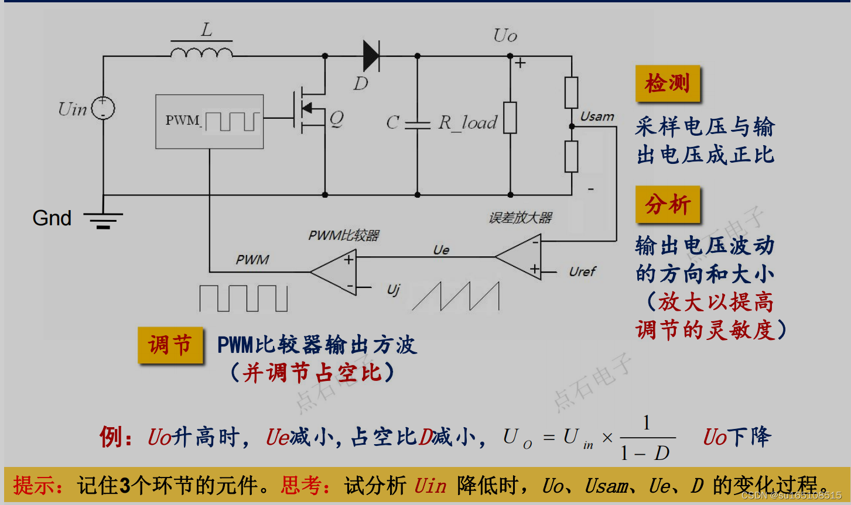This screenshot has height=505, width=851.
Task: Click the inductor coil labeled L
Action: pos(201,53)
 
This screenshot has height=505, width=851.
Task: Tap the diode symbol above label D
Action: pos(371,56)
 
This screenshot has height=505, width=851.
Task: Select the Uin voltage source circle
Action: pos(103,108)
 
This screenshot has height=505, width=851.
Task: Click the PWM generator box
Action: pos(209,122)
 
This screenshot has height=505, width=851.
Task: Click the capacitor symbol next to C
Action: pos(418,124)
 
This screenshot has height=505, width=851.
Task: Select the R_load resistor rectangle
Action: pos(510,118)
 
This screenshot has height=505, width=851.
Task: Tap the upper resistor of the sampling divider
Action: pos(571,92)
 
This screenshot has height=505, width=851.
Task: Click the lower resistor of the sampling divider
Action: pos(571,156)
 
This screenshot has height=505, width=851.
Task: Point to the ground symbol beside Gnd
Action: pos(103,220)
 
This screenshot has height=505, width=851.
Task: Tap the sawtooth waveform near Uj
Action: pos(456,297)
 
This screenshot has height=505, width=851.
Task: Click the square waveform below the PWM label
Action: pos(243,298)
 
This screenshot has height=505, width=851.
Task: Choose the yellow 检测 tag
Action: pos(667,84)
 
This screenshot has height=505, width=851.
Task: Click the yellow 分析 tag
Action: pos(668,205)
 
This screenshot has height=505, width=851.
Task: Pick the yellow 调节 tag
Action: pos(170,345)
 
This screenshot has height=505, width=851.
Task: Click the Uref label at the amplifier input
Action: pos(582,272)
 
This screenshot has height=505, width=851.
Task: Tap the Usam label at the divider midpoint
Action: pos(597,117)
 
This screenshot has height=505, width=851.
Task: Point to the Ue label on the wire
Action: pos(441,250)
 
